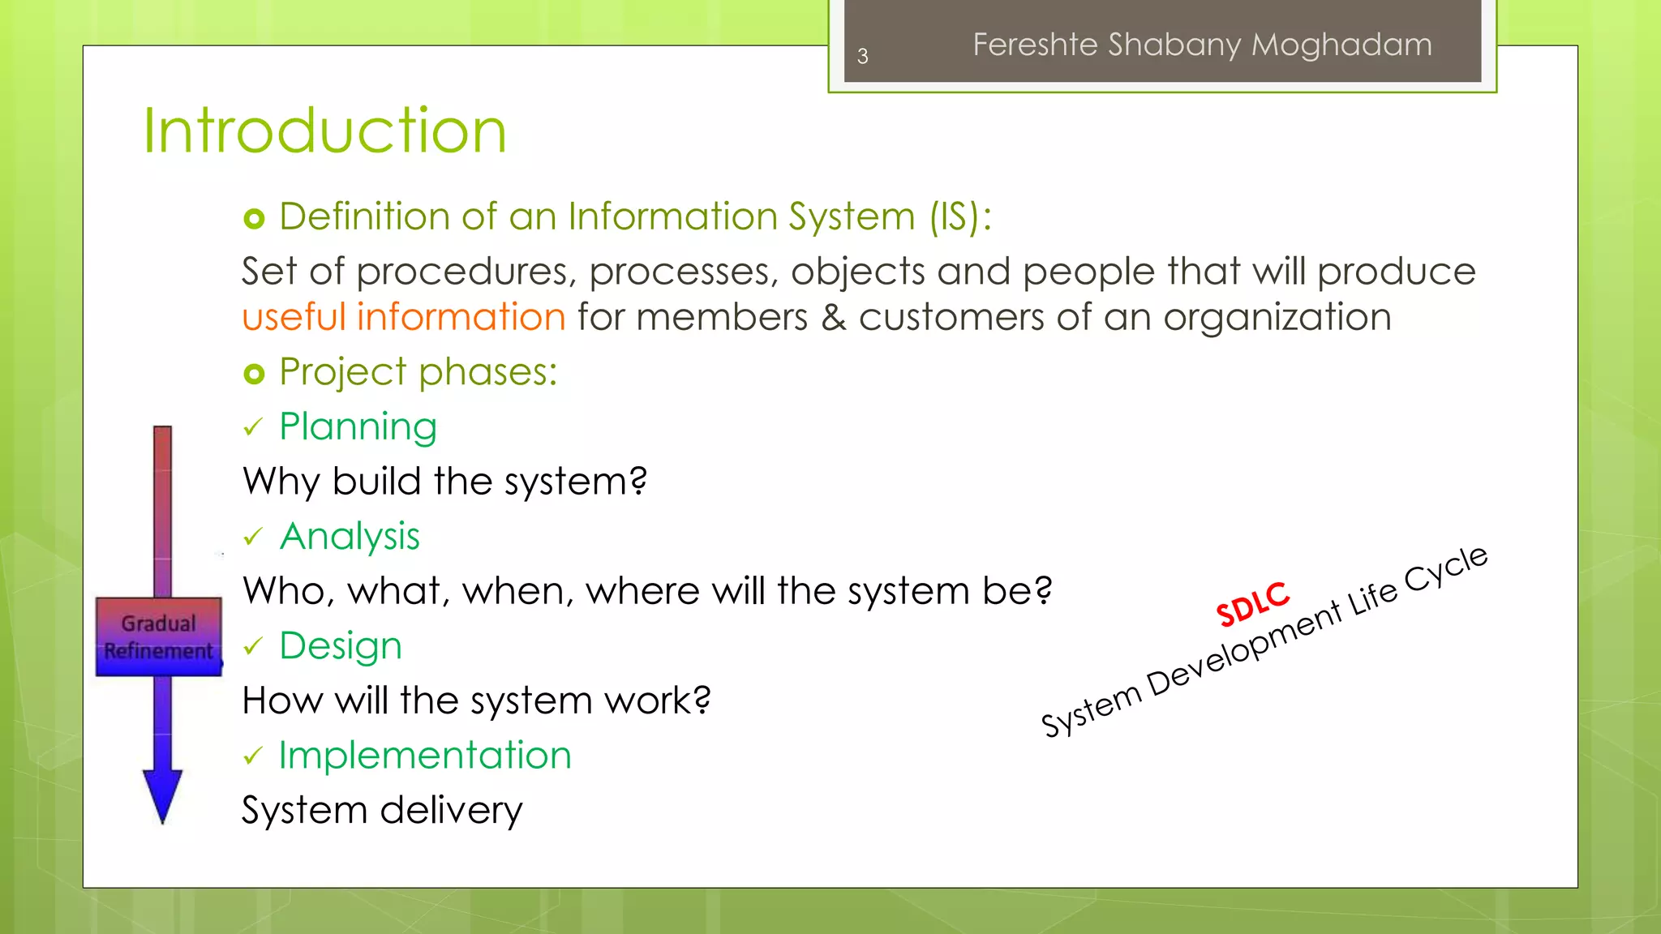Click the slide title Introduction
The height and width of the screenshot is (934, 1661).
pyautogui.click(x=324, y=131)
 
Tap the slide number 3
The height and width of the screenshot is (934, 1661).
pyautogui.click(x=862, y=56)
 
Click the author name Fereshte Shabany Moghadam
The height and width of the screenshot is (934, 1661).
pyautogui.click(x=1202, y=45)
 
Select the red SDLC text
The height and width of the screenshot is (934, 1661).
pyautogui.click(x=1252, y=604)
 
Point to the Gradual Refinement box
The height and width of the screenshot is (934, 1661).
pyautogui.click(x=159, y=636)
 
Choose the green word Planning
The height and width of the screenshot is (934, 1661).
pyautogui.click(x=358, y=426)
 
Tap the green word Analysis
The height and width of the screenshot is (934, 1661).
pyautogui.click(x=350, y=536)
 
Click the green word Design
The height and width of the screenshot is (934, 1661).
pyautogui.click(x=341, y=645)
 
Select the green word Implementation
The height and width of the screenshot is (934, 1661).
pyautogui.click(x=425, y=755)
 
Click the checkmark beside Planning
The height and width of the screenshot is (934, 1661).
pyautogui.click(x=253, y=427)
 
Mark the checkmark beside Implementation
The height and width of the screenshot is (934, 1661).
pyautogui.click(x=253, y=756)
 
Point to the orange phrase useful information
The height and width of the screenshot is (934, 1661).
pyautogui.click(x=403, y=316)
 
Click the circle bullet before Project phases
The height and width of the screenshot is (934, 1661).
pyautogui.click(x=254, y=374)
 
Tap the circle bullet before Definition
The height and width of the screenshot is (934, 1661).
pyautogui.click(x=254, y=218)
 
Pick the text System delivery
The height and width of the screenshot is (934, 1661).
pyautogui.click(x=382, y=810)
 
